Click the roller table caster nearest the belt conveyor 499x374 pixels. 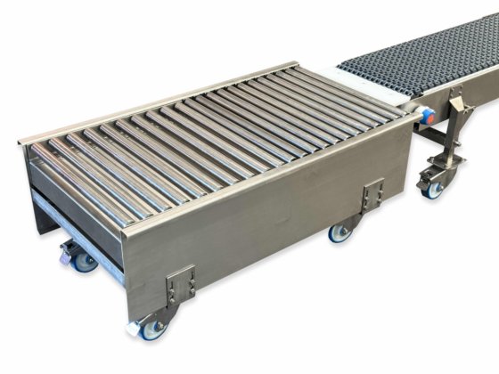point(339,233)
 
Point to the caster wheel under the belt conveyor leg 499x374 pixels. point(434,189)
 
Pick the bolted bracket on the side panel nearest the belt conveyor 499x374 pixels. point(372,195)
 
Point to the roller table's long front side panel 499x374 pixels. point(267,205)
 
